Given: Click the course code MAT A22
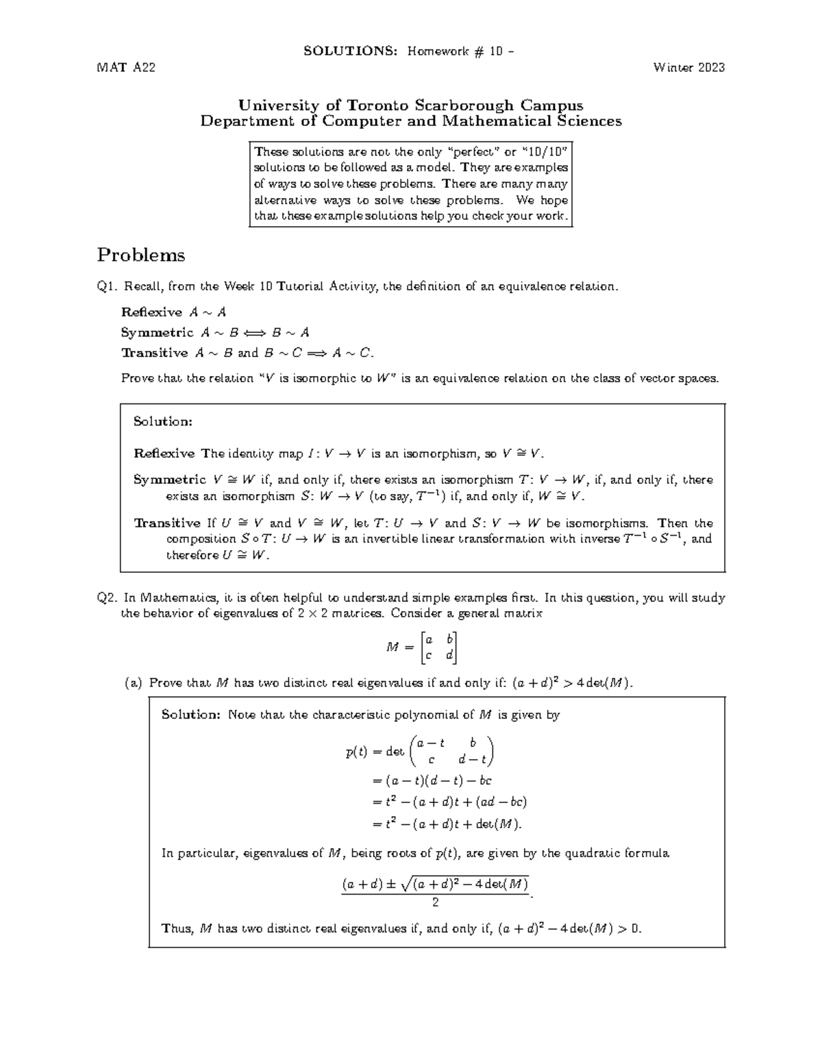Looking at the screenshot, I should pos(126,67).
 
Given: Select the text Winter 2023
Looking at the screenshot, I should pos(688,67).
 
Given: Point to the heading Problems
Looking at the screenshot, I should pos(141,255).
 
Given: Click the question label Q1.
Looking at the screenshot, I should pos(108,286).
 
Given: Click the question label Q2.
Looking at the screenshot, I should pos(108,597).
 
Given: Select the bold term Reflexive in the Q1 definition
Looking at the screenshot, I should pos(151,312).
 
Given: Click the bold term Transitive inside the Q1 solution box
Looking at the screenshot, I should pos(167,523).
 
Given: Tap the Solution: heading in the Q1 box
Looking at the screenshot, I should pos(162,421).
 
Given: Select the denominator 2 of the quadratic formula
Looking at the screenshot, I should pos(435,902).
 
